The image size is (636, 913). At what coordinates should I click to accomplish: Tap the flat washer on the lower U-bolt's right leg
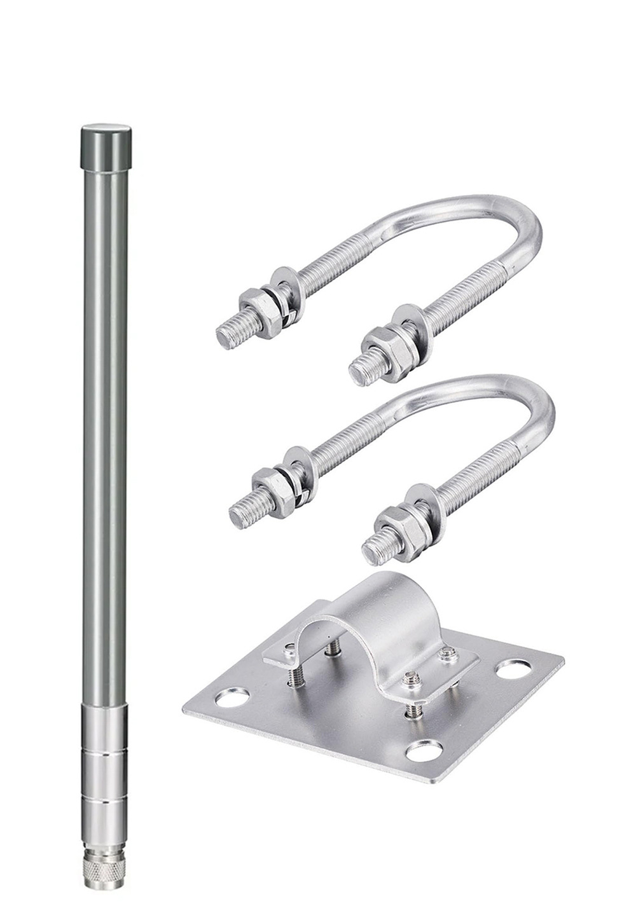(x=424, y=502)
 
